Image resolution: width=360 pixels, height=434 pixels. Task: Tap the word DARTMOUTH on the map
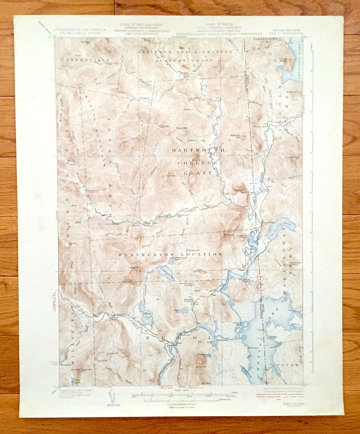tap(198, 151)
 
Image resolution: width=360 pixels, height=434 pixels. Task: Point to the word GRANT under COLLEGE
tap(198, 173)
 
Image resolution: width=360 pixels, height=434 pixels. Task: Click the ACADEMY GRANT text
tap(184, 60)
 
